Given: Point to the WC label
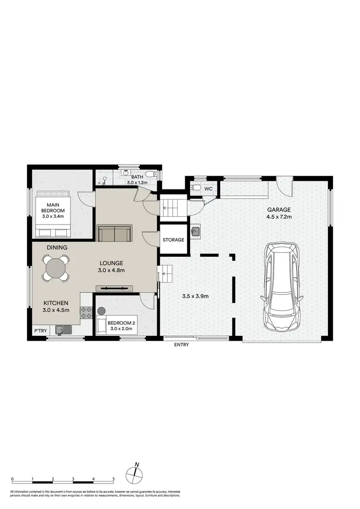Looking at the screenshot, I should pos(208,189).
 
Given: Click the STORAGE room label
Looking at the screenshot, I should pos(173,239).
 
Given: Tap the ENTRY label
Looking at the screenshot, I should pos(182,344).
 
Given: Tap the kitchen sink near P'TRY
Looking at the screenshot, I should pos(63,330).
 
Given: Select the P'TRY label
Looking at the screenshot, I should pos(39,331).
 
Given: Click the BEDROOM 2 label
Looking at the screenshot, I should pos(122,322).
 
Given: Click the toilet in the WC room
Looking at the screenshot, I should pos(196,188).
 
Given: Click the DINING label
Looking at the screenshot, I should pos(57,248).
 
